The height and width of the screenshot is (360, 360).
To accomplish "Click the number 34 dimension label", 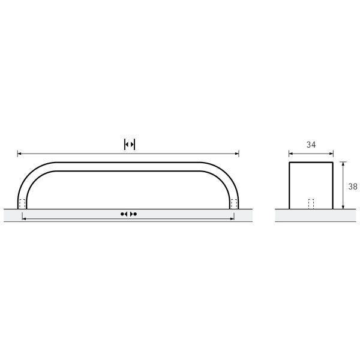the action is click(311, 145).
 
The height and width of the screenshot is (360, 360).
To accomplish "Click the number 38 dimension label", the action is click(353, 187).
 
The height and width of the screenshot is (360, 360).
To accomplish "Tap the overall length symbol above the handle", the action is click(130, 144).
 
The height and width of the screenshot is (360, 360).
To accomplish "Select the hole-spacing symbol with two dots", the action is click(128, 214).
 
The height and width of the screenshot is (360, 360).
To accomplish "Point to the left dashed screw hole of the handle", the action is click(22, 204).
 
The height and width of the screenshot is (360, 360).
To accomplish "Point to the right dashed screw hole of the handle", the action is click(234, 204).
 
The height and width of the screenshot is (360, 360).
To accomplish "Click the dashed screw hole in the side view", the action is click(311, 204).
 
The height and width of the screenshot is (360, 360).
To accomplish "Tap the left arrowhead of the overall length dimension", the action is click(19, 154).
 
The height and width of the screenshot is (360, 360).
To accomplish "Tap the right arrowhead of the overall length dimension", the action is click(237, 154).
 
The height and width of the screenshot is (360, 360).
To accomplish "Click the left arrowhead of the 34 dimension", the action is click(291, 154).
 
